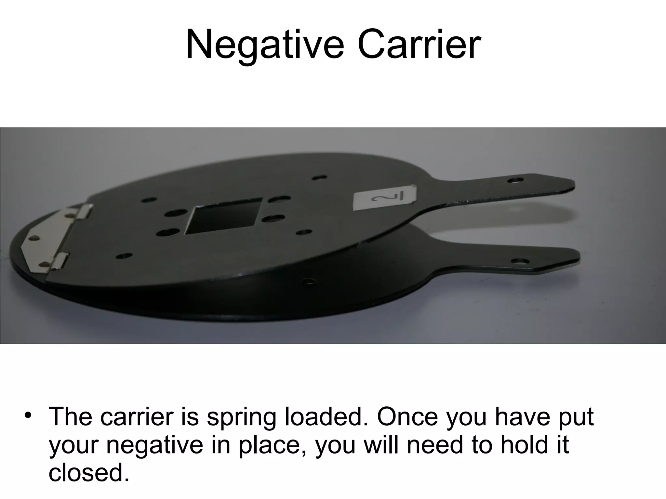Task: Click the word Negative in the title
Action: [x=264, y=45]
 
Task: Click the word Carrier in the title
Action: [x=419, y=45]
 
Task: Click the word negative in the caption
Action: [x=155, y=445]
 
